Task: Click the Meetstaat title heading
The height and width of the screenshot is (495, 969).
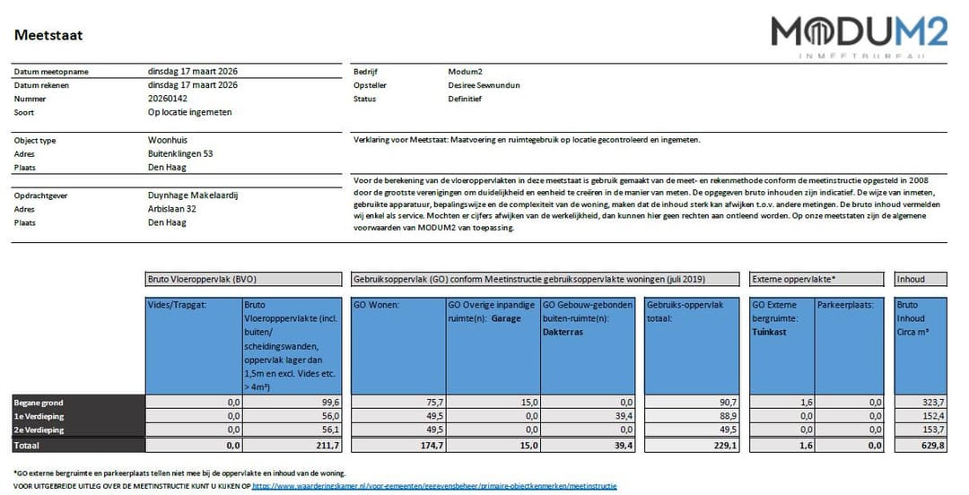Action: point(48,35)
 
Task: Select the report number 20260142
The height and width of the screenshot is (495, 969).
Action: point(168,99)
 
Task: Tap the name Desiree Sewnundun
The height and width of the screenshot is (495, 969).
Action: point(484,85)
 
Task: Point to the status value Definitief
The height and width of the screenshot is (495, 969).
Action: point(465,99)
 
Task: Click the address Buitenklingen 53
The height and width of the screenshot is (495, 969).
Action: point(180,153)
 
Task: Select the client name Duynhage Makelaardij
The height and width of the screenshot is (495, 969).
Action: point(192,195)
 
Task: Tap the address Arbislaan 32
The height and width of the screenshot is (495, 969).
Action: point(173,209)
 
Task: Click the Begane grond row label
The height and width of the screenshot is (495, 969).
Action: point(38,403)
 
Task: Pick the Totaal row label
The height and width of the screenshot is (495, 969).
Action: point(27,445)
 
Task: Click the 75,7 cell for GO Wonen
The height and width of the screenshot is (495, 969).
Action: point(432,403)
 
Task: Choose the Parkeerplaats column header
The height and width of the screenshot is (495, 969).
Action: point(843,304)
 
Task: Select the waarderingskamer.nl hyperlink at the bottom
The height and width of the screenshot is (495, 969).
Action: point(434,486)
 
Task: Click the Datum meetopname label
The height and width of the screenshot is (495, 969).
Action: point(51,72)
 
